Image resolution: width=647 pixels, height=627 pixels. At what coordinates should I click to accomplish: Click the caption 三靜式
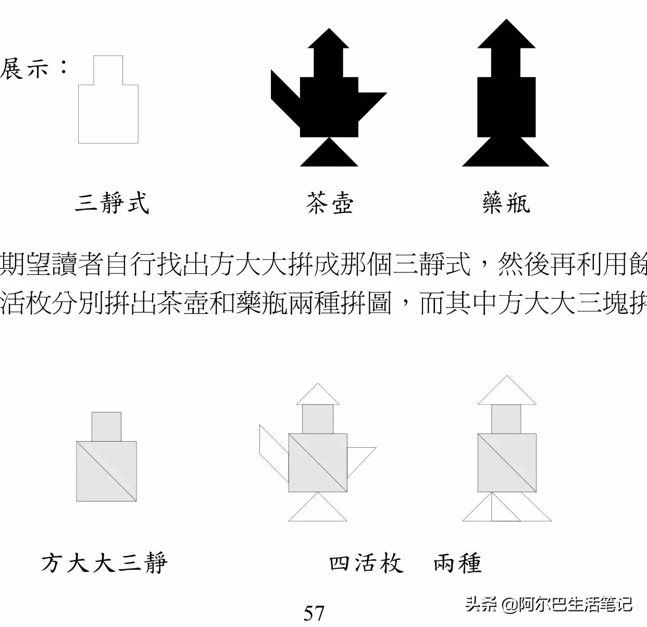coord(112,203)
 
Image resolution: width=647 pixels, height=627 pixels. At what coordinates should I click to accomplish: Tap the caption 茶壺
coord(329,203)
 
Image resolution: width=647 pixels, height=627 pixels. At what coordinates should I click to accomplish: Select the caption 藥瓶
coord(506,203)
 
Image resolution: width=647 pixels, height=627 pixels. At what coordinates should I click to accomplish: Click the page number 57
coord(314,612)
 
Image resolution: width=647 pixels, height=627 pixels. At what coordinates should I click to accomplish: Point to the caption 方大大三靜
coord(104,563)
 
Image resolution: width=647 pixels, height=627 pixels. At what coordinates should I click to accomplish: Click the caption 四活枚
coord(366,563)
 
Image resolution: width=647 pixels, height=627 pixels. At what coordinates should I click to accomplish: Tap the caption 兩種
coord(457,563)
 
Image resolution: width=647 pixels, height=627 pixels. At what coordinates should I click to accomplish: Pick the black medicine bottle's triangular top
coord(506,36)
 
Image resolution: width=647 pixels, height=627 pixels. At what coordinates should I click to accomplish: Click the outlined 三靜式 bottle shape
coord(108,112)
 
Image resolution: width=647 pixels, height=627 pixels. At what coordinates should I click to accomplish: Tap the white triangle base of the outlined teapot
coord(318,510)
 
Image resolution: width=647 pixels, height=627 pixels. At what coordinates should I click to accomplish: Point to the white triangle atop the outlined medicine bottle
coord(507,394)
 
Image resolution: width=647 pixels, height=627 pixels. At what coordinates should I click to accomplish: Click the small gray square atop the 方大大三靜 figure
coord(106,427)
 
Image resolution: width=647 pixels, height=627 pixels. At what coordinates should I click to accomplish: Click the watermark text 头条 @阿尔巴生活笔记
coord(549,605)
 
